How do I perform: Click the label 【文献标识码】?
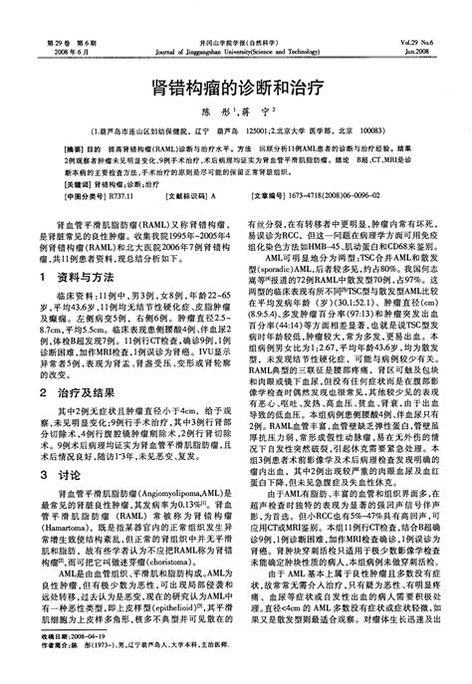click(x=180, y=198)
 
